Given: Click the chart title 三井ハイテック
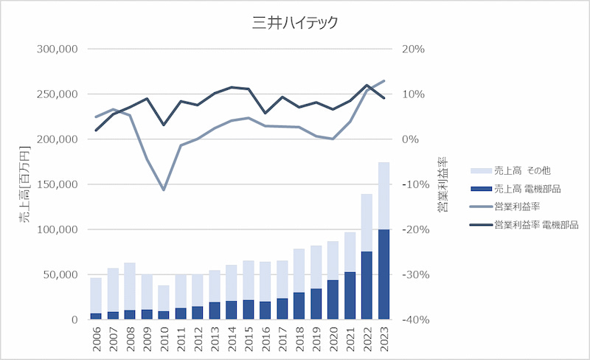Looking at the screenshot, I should pos(295,23).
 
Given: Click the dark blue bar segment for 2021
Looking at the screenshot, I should pos(350,296).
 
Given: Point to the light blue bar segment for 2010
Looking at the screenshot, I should pos(164,298).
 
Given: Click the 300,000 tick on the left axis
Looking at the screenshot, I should pos(57,49).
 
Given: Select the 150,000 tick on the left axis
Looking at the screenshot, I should pos(57,184).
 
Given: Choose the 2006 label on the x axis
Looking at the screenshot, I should pos(97,338).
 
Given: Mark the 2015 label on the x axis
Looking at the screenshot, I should pos(249,338).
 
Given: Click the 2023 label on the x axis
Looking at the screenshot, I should pos(384,338).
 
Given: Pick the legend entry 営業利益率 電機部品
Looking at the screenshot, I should pos(535,224).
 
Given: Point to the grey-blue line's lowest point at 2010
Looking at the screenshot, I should pos(164,190).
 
